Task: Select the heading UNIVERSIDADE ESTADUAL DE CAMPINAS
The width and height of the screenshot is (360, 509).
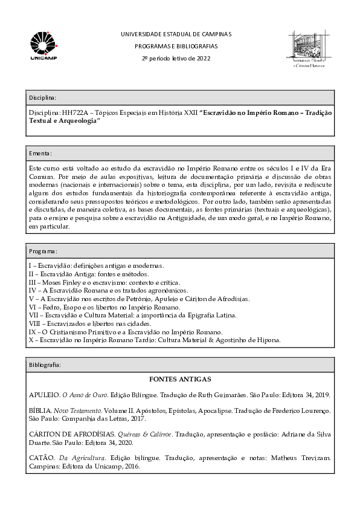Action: [176, 34]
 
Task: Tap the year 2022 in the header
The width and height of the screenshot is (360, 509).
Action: [203, 58]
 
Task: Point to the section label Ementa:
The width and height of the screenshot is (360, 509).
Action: [40, 154]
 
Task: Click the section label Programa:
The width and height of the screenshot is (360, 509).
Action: [43, 251]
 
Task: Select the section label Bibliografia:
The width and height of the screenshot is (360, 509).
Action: [44, 365]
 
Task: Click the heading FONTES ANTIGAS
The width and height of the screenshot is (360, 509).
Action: [179, 380]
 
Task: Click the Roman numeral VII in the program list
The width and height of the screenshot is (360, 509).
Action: [34, 316]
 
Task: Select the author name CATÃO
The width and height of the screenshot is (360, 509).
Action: [42, 458]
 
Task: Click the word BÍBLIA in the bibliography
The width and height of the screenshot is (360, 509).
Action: [41, 410]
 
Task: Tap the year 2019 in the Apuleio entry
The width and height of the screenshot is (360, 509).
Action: [320, 395]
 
